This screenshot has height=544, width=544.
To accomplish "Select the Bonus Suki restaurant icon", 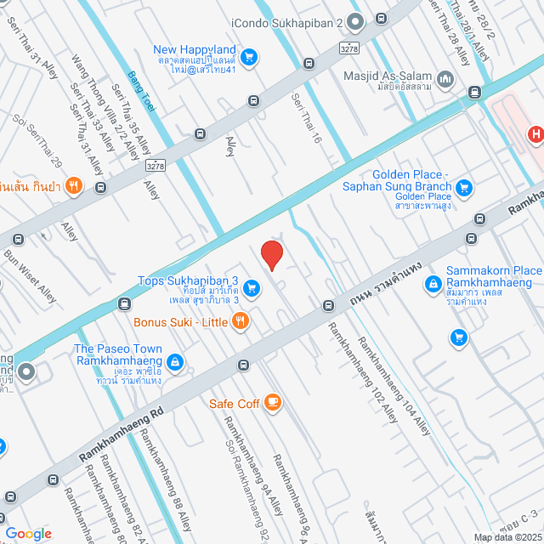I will [241, 321].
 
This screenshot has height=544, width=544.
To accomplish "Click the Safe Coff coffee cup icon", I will [273, 403].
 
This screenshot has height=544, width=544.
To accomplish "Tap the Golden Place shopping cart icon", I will [463, 187].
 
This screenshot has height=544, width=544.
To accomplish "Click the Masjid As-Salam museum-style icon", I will [446, 80].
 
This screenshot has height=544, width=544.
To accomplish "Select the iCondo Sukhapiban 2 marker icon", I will [355, 20].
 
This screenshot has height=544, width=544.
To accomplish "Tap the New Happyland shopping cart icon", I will [249, 57].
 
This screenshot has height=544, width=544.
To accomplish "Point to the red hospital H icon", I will [535, 133].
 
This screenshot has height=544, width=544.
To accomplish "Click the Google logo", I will [29, 533].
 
